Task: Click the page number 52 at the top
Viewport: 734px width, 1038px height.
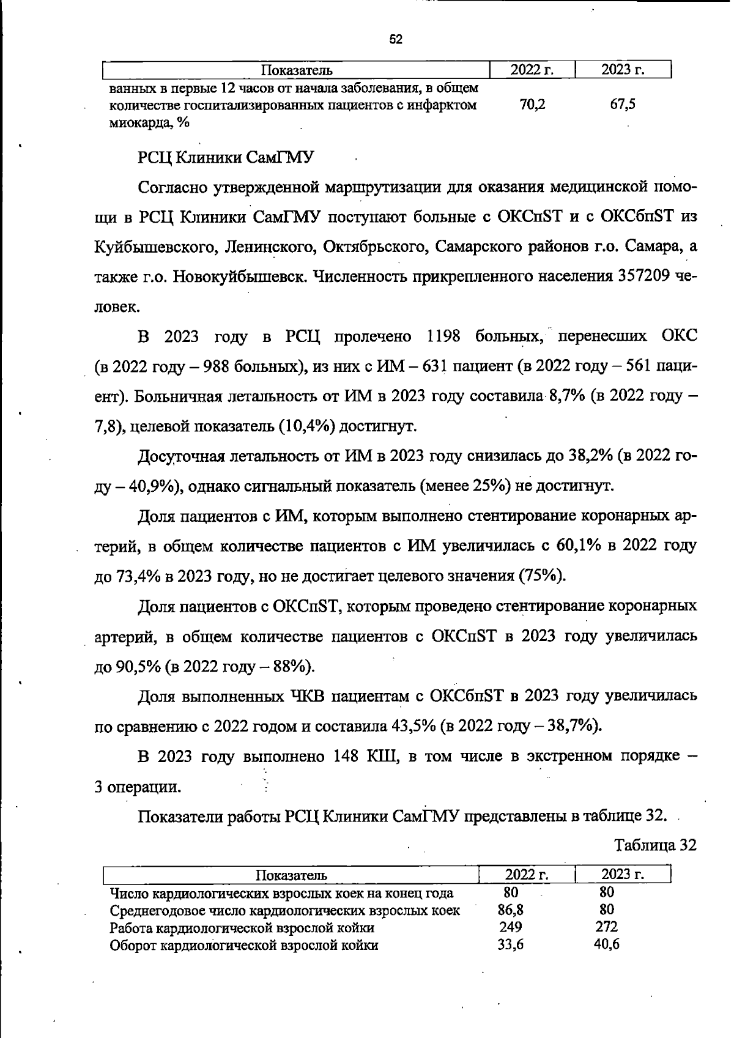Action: (396, 40)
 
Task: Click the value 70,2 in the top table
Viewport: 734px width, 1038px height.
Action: (532, 105)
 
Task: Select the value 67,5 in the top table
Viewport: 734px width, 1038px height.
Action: (623, 105)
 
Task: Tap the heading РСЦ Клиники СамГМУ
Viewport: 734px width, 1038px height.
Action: (224, 158)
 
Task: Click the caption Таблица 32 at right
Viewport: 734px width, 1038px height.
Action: (655, 845)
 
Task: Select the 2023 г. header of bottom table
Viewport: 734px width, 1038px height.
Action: (623, 875)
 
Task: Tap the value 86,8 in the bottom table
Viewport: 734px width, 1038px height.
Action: (511, 910)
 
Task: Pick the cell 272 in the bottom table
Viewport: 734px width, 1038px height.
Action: (606, 927)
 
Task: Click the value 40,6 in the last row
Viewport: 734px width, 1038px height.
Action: (606, 944)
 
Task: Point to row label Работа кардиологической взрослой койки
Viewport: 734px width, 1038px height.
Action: (242, 927)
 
